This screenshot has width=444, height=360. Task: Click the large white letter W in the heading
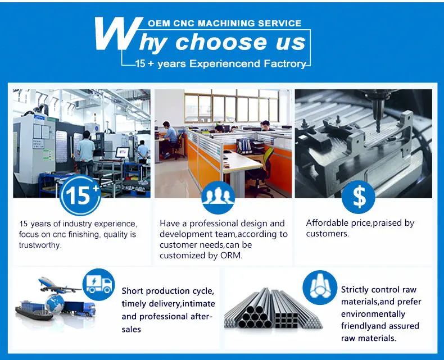tap(116, 34)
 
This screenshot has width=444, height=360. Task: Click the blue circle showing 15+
tap(80, 195)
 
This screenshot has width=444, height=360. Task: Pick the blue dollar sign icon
tap(359, 195)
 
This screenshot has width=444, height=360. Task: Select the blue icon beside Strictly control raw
tap(320, 287)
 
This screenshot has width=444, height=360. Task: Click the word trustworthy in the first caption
tap(40, 245)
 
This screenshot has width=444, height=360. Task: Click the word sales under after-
tap(131, 329)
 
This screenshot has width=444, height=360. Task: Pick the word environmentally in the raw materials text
tap(373, 314)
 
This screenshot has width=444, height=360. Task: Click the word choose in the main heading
tap(214, 43)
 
